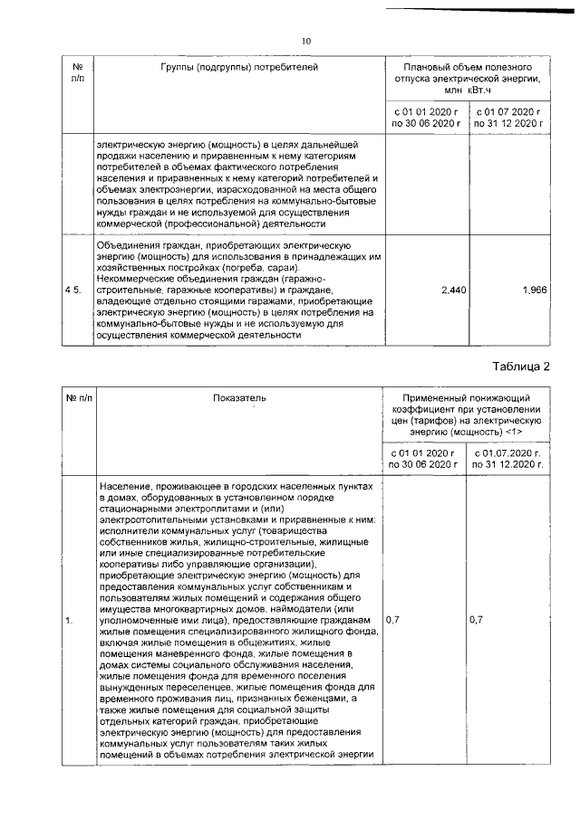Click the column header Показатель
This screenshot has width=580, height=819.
pos(239,398)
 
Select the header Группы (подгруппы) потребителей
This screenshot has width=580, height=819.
pos(239,68)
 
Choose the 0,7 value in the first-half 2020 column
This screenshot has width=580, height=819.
pos(392,620)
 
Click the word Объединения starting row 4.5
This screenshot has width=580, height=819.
pos(125,245)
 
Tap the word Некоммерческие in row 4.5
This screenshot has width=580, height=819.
pos(134,279)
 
